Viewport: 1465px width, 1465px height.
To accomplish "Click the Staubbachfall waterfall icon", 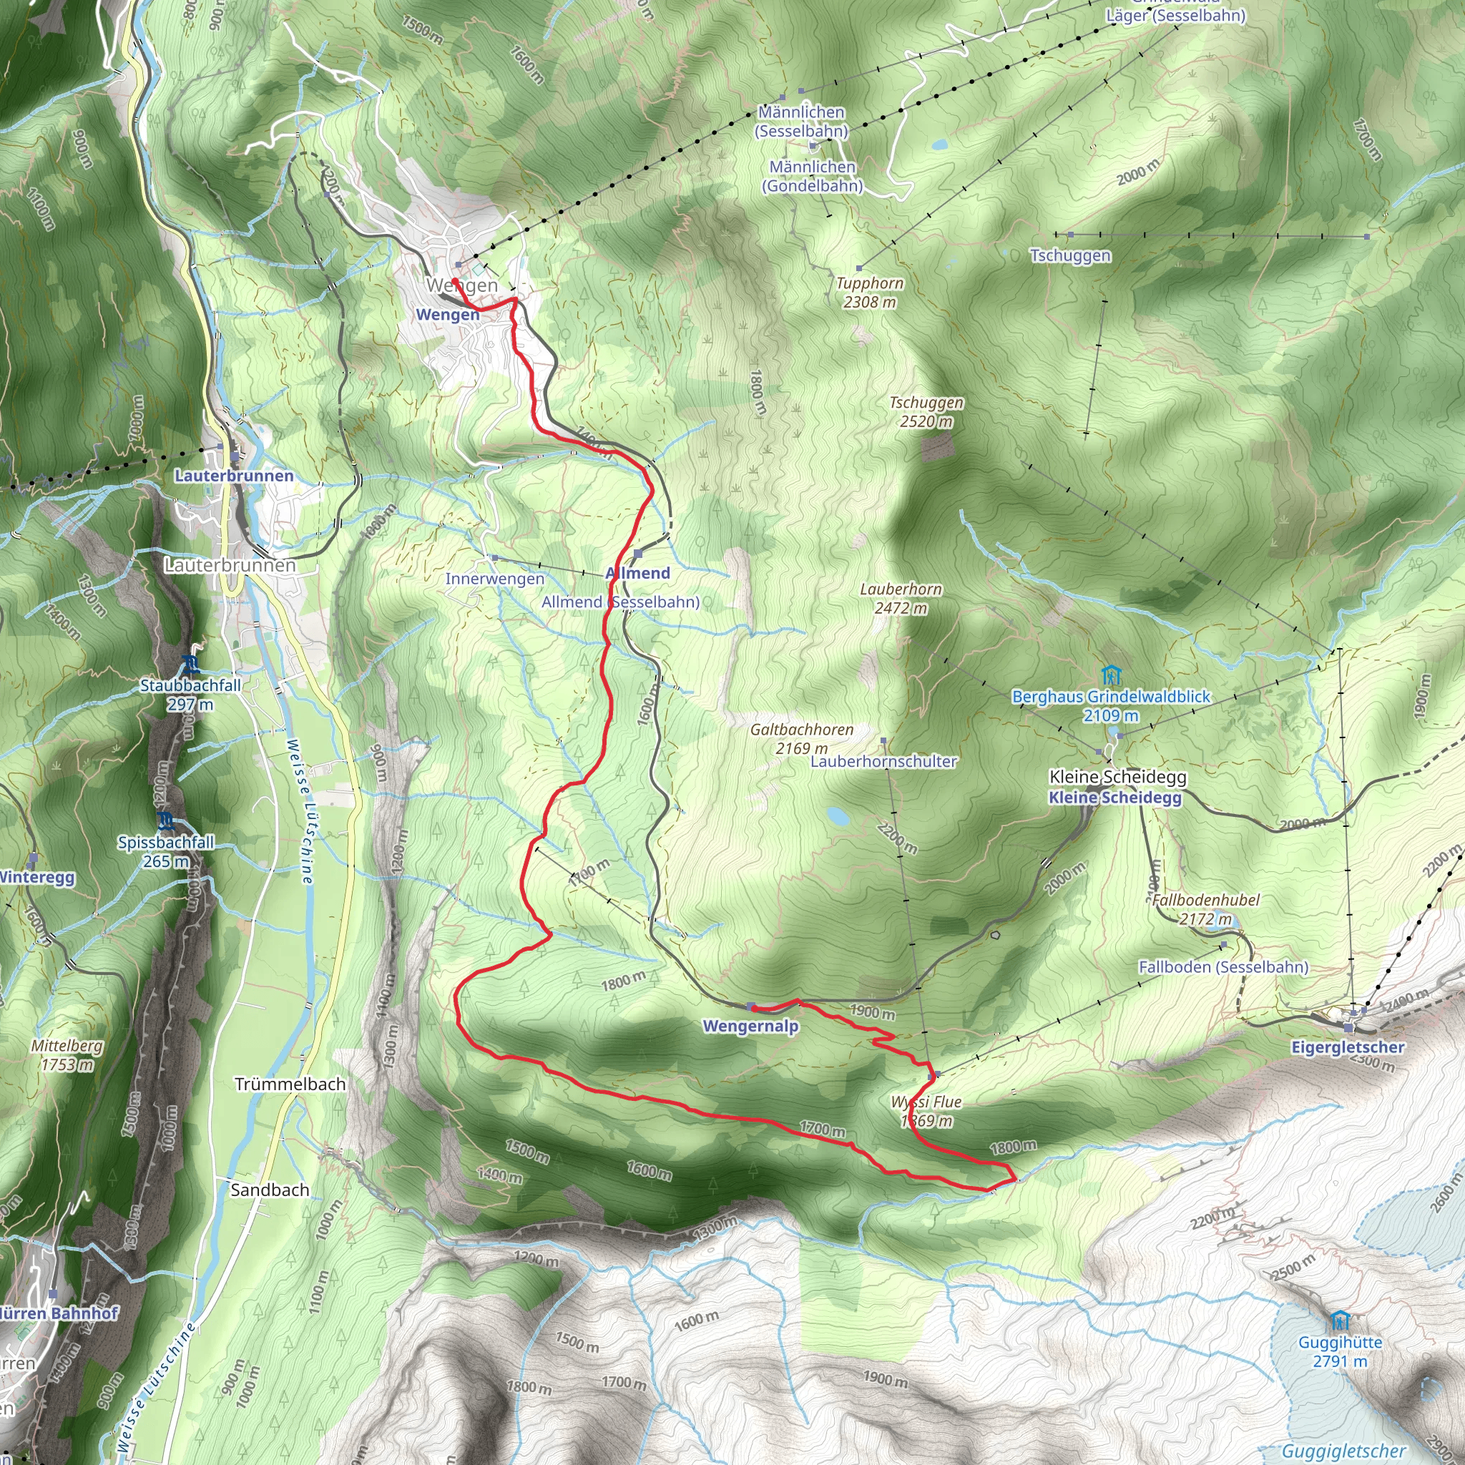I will point(190,667).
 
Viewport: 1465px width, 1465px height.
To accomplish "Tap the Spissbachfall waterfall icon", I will point(166,820).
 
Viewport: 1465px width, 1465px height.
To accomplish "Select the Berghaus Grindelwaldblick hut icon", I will point(1111,674).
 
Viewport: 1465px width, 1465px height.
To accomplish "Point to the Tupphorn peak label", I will point(870,292).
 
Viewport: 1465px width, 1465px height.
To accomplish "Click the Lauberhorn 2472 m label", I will point(901,598).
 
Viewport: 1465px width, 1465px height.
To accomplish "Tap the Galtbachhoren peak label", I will point(801,738).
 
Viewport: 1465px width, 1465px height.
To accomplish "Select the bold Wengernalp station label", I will point(750,1027).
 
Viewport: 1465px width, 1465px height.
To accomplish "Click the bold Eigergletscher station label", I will point(1348,1047).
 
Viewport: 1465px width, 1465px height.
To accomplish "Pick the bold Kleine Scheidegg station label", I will point(1114,798).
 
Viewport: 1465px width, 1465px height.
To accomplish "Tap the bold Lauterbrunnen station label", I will point(233,476).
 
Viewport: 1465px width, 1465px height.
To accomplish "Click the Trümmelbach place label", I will point(290,1084).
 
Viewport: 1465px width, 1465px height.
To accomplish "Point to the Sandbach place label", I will point(270,1190).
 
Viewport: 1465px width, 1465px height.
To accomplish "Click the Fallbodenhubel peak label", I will point(1205,909).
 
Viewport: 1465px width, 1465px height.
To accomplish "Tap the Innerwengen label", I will point(494,579).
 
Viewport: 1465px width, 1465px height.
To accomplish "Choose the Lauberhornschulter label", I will point(883,761).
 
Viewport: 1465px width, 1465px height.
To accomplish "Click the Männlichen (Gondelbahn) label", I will point(813,176).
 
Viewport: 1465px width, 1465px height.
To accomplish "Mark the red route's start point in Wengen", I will point(454,281).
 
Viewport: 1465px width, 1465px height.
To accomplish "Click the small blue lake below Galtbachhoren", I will point(837,816).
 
